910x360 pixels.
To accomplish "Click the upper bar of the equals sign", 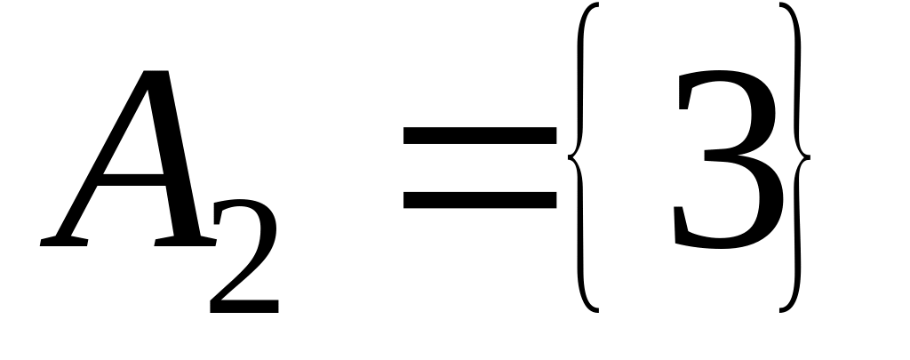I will (479, 135).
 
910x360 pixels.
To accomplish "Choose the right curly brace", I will (795, 160).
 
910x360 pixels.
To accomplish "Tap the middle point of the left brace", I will (570, 158).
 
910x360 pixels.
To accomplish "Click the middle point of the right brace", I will (807, 158).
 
